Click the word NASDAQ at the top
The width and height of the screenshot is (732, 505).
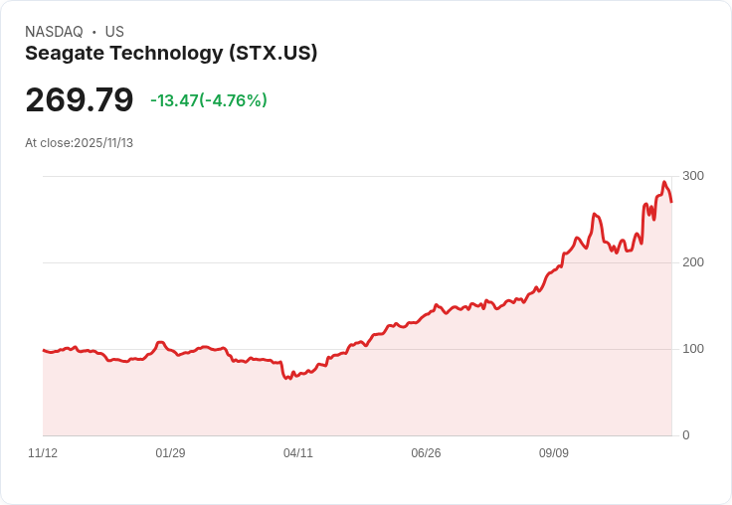(54, 32)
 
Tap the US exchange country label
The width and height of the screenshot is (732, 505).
(114, 32)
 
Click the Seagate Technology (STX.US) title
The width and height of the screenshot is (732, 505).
(171, 54)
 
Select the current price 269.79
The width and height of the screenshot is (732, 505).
(80, 100)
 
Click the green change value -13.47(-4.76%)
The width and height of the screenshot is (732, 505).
(209, 100)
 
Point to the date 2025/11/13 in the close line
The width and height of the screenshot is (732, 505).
(103, 143)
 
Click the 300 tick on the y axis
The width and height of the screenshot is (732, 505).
(693, 176)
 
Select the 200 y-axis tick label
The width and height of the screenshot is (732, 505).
(693, 262)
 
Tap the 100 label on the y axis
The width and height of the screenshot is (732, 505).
(693, 349)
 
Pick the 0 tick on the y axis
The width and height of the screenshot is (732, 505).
(685, 435)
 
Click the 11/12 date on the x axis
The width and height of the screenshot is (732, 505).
(43, 453)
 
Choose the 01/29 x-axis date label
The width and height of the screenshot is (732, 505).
(170, 453)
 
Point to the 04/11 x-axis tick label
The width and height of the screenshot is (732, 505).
(298, 453)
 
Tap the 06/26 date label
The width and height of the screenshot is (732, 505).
(426, 453)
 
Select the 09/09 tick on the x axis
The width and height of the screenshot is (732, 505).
(554, 453)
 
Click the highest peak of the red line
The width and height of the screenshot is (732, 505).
(664, 182)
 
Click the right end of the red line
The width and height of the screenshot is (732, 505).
(671, 202)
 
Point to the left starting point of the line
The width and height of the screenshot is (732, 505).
(44, 350)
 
